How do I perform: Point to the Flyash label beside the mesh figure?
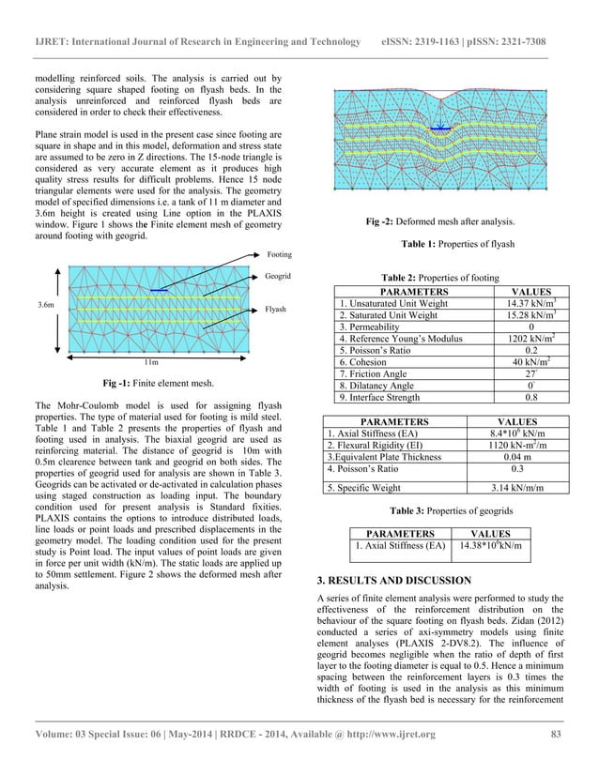pos(276,309)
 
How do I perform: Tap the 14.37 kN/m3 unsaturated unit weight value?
pos(523,304)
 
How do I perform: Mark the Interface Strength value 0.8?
pos(523,396)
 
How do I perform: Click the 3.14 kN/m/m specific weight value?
pos(522,488)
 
